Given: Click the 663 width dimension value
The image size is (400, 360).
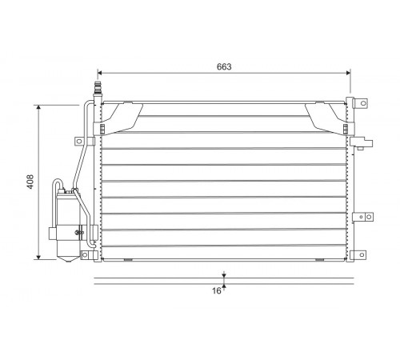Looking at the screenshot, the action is [224, 66].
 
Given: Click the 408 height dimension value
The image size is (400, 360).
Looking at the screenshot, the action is [30, 182].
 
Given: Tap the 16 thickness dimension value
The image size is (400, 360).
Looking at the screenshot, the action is [217, 290].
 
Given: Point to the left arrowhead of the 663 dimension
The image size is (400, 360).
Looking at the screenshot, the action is [100, 73].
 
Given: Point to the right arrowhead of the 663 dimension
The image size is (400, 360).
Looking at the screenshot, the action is [348, 73].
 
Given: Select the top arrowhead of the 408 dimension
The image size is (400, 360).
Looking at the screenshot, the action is [38, 107].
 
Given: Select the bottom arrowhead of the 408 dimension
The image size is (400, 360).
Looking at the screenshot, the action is [38, 257].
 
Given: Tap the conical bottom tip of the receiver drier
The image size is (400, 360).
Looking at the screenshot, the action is [68, 260].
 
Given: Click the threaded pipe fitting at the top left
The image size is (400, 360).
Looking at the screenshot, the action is [98, 87].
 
